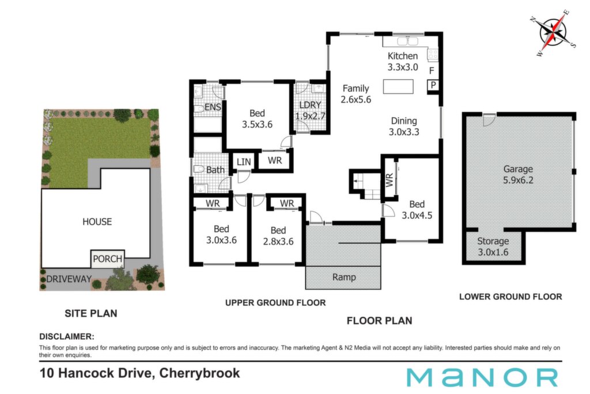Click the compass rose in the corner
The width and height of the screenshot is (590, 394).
[553, 33]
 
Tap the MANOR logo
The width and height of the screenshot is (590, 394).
[482, 377]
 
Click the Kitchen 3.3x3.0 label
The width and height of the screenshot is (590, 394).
[403, 61]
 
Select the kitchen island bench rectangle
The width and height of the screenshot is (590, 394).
[398, 87]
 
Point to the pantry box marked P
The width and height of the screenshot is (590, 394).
[433, 85]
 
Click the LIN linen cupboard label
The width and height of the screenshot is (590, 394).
[244, 162]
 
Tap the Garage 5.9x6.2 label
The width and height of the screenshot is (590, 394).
[518, 174]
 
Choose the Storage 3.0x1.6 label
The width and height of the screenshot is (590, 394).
[493, 246]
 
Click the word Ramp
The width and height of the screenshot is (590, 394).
[344, 277]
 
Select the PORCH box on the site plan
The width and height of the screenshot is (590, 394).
[108, 259]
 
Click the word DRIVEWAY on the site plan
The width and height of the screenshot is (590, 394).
[69, 279]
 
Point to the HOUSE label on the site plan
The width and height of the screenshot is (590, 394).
[97, 222]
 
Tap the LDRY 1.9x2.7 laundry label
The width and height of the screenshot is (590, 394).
[310, 110]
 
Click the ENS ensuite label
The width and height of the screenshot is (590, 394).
[213, 107]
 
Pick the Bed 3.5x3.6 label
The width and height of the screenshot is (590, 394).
[257, 119]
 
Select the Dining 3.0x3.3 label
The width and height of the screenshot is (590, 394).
[404, 126]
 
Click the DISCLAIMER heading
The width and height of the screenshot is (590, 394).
[67, 336]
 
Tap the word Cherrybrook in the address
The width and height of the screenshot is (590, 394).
[199, 373]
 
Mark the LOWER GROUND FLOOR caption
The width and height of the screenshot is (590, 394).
[510, 297]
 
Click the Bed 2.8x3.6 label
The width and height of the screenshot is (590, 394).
[278, 236]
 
